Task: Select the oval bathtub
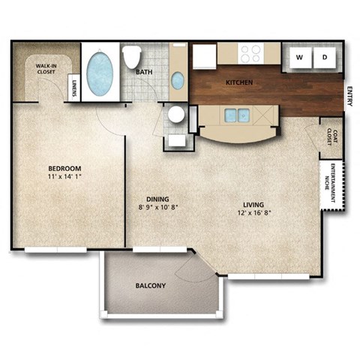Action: pyautogui.click(x=100, y=73)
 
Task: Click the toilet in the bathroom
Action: pyautogui.click(x=133, y=56)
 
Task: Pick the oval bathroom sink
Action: pyautogui.click(x=178, y=79)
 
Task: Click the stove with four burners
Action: pyautogui.click(x=250, y=53)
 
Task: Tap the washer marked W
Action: pyautogui.click(x=298, y=57)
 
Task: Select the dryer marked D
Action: pyautogui.click(x=325, y=57)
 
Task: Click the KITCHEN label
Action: pyautogui.click(x=239, y=81)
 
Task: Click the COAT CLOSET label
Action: pyautogui.click(x=331, y=138)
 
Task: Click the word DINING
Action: pyautogui.click(x=156, y=199)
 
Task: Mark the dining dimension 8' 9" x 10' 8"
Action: pyautogui.click(x=158, y=208)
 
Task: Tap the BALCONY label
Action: pyautogui.click(x=151, y=286)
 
